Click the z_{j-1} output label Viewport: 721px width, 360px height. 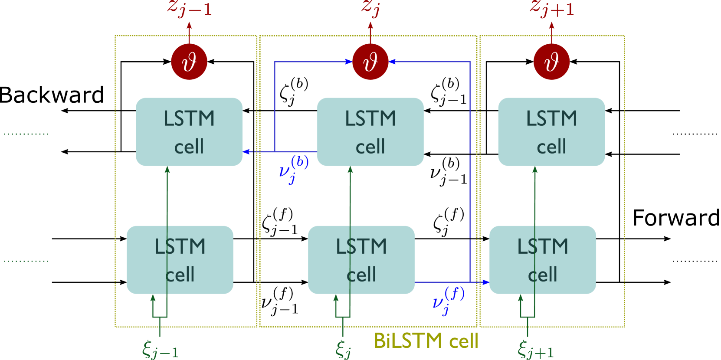coord(190,9)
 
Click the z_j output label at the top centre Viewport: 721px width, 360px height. coord(370,9)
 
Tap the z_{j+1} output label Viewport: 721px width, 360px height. coord(552,9)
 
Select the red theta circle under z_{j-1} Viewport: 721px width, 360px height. coord(189,62)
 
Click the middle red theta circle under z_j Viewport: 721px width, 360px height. coord(370,62)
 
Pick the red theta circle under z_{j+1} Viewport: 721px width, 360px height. coord(551,62)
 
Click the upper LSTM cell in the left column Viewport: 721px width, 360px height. coord(189,132)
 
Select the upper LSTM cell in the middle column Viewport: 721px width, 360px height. coord(370,132)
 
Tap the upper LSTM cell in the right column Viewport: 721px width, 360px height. coord(551,132)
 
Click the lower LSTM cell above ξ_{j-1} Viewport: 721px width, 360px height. coord(180,260)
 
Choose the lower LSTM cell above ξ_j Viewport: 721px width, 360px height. coord(361,260)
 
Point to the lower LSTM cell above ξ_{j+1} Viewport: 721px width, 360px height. coord(542,260)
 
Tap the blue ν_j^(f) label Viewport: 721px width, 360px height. coord(448,300)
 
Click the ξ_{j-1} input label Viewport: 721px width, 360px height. coord(160,350)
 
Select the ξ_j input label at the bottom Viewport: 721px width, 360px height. coord(343,350)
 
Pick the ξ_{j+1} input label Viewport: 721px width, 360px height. coord(536,350)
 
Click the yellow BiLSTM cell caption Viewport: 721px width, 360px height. coord(426,341)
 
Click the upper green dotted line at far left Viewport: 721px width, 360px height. coord(26,134)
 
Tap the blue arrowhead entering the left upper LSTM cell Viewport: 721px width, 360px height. coord(246,152)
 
